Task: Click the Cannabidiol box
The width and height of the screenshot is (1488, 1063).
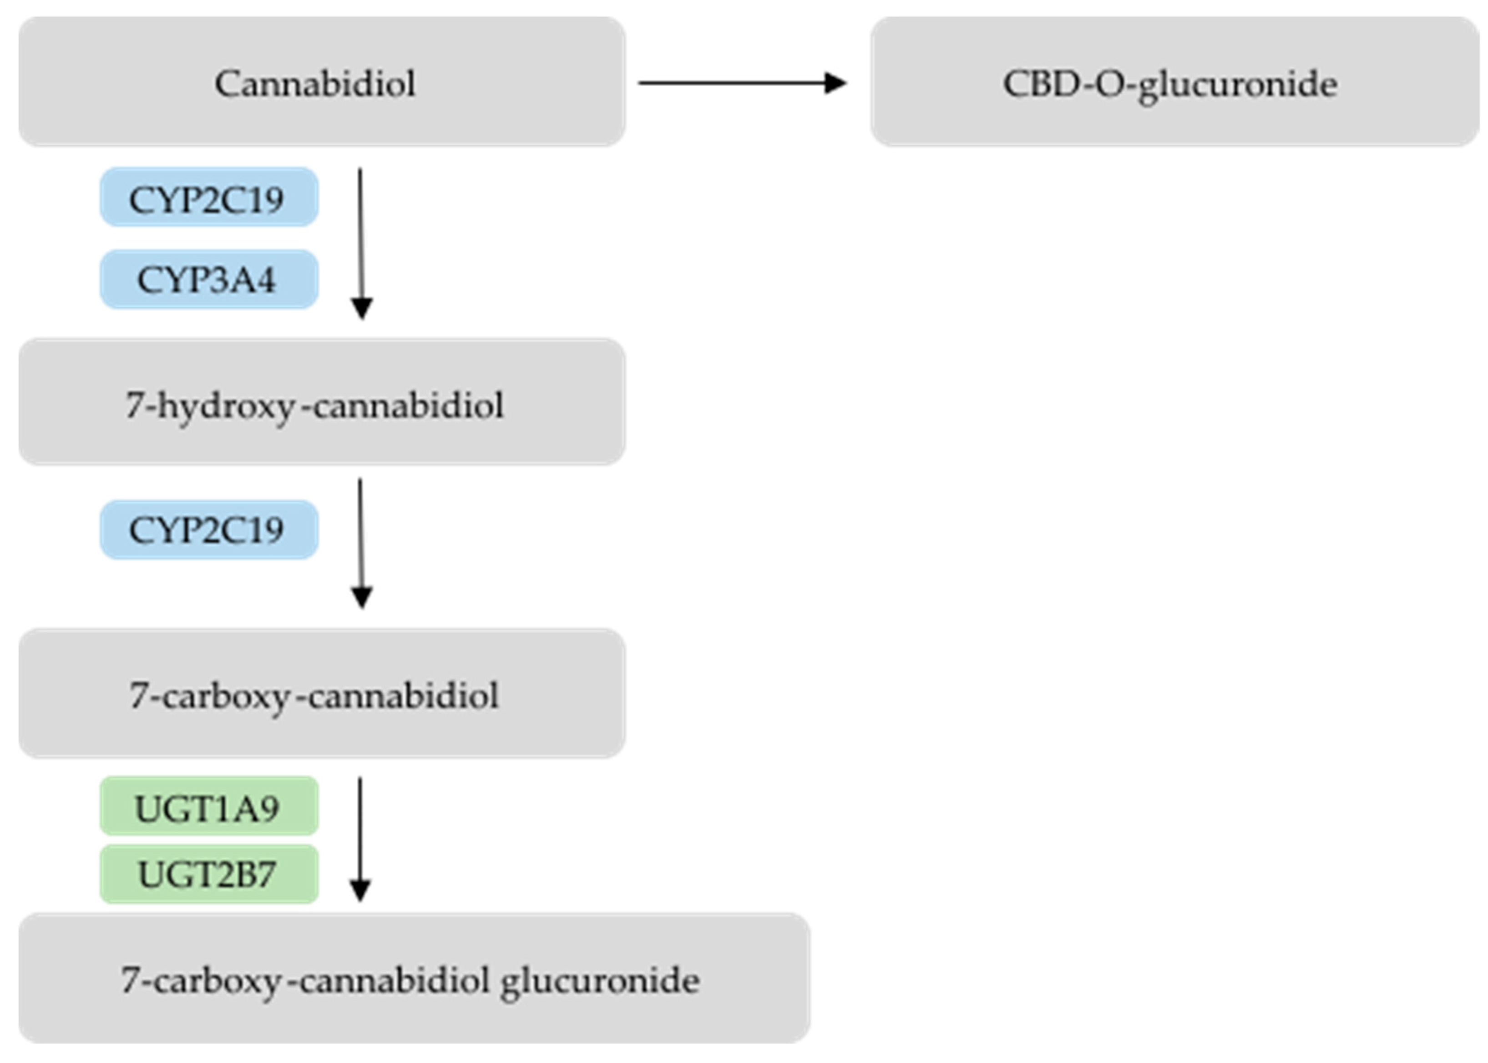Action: (321, 82)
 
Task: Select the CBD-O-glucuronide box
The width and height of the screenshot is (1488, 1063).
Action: (1174, 82)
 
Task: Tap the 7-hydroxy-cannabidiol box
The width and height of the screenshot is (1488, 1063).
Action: (321, 402)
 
